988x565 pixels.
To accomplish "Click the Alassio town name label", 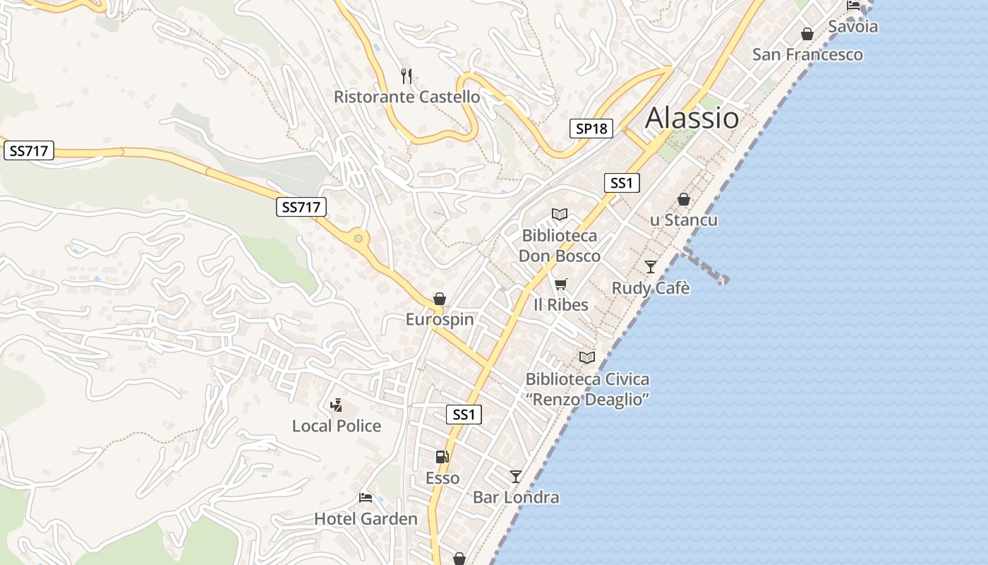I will pos(692,117).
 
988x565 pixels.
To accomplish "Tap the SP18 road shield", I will pos(591,129).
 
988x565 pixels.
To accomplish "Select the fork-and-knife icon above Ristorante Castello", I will pos(406,76).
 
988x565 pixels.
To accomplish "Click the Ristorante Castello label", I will pos(406,97).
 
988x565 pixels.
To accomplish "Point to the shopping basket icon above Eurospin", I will pos(440,299).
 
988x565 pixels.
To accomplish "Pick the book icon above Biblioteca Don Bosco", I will pos(560,214).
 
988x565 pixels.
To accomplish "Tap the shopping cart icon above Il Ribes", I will pos(561,284).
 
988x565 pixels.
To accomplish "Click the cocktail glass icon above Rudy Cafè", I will pos(651,267).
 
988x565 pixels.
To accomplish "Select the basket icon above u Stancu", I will pos(683,199).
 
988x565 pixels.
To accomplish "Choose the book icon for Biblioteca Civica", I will pos(587,357).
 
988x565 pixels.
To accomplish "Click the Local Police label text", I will pos(337,426).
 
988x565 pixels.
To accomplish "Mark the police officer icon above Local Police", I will pos(337,405).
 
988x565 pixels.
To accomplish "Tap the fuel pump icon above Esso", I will pos(442,457).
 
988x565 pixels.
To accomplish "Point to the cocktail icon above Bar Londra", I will pos(516,477).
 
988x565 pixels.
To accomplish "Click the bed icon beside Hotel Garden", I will pos(366,498).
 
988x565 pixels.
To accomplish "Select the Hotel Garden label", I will pos(366,519).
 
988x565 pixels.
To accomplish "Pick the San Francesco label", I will pos(807,54).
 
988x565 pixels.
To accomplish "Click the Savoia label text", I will pos(853,27).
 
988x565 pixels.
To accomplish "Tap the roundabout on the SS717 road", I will pos(359,239).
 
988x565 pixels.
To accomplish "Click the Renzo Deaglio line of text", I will pos(587,400).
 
